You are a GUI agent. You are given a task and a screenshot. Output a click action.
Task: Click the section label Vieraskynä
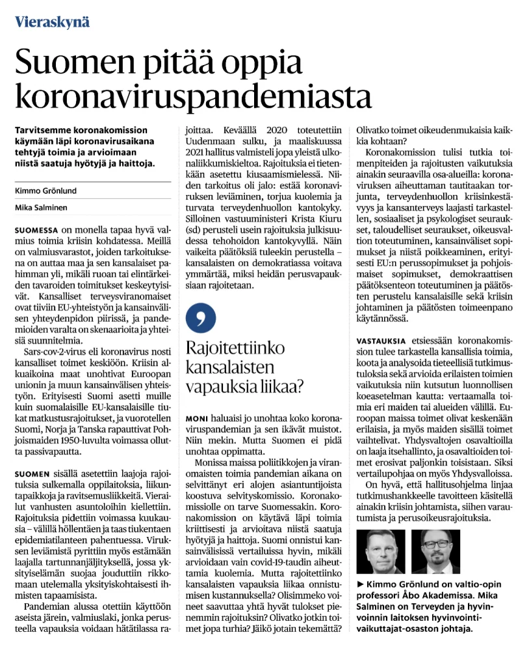pyautogui.click(x=53, y=21)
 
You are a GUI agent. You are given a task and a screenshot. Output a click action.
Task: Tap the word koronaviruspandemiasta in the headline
pyautogui.click(x=193, y=96)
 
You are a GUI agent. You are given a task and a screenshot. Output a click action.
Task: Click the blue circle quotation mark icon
pyautogui.click(x=201, y=317)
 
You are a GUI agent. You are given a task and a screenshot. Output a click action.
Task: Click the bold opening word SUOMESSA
pyautogui.click(x=36, y=230)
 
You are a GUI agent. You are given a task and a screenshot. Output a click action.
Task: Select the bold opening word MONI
pyautogui.click(x=198, y=417)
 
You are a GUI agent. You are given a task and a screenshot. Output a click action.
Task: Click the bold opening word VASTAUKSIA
pyautogui.click(x=381, y=341)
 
